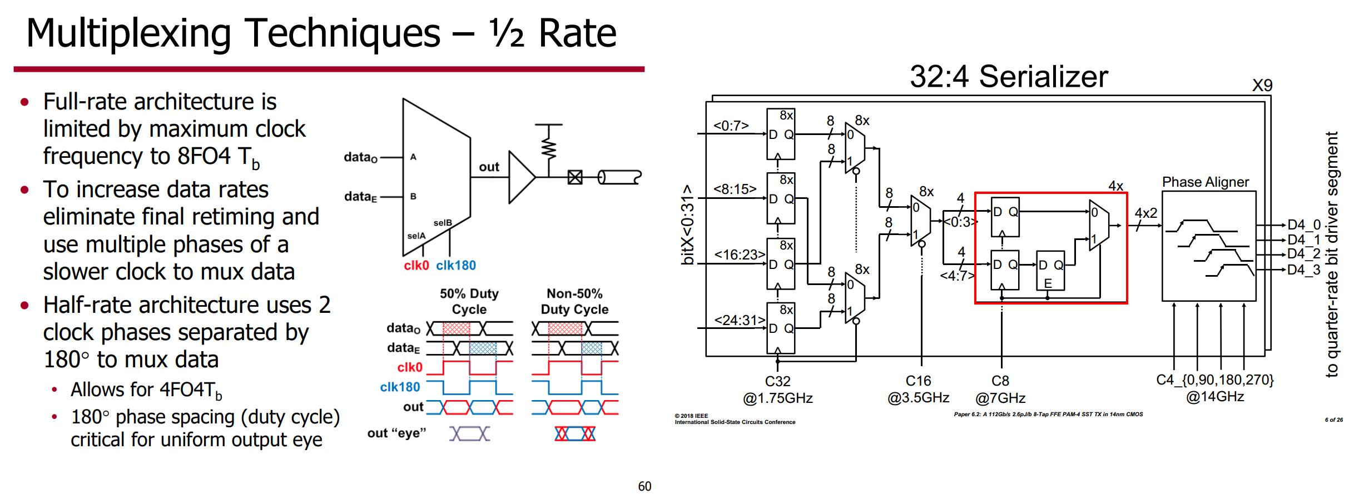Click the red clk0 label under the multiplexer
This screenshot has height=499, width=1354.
(x=416, y=266)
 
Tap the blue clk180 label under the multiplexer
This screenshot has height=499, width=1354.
(x=456, y=266)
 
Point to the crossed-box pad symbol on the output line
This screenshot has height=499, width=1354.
(x=575, y=177)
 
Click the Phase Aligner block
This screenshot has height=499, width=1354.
(x=1209, y=246)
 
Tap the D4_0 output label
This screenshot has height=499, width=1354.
(x=1304, y=225)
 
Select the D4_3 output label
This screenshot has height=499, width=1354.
(x=1304, y=270)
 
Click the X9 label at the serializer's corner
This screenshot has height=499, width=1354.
(x=1262, y=86)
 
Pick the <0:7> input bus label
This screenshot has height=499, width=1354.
(x=731, y=126)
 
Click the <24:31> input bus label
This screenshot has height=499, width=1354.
(x=740, y=320)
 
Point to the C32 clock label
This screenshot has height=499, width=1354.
(x=777, y=381)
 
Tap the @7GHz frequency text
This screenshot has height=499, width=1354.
(x=1000, y=398)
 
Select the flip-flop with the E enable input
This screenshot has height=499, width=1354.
(x=1050, y=271)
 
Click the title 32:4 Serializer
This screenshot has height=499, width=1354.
(x=1009, y=76)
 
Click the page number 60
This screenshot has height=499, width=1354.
(x=644, y=486)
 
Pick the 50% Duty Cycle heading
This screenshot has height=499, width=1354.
(x=469, y=301)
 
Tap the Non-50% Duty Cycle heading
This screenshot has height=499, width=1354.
(x=575, y=301)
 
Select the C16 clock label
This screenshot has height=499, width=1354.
(x=918, y=381)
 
